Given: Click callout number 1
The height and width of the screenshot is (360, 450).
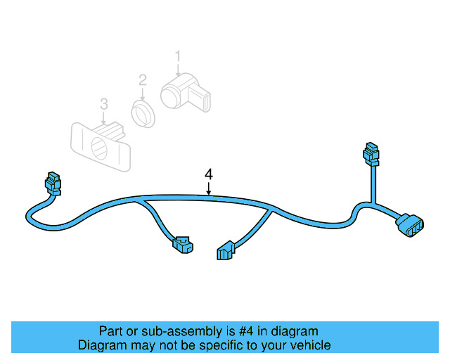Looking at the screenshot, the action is tap(178, 56).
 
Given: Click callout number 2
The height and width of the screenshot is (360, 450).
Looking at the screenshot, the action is tap(143, 80).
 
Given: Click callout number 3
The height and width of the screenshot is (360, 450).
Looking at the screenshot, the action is tap(104, 104).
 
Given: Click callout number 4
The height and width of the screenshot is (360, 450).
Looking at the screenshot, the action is tap(209, 174).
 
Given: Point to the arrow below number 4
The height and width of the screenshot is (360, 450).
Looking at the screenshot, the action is tap(209, 188).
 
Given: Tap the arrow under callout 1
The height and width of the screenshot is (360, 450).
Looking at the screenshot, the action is tap(178, 70).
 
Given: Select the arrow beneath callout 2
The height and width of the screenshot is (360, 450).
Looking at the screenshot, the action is tap(143, 94).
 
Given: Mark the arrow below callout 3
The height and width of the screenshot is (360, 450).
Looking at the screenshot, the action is tap(103, 119).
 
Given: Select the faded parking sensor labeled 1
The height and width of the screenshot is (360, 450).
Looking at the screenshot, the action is tap(185, 92).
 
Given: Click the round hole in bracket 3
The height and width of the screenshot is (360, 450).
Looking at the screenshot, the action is tap(100, 148).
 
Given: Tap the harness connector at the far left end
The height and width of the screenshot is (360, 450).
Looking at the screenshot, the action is tap(53, 184).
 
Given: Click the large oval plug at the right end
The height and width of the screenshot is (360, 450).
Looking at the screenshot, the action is tap(410, 225).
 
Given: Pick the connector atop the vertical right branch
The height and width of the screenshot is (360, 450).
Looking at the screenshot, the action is tap(371, 154).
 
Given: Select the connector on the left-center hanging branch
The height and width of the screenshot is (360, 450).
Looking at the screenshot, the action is tap(183, 245).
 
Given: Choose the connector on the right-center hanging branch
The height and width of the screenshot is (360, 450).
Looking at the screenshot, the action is tap(226, 250).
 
